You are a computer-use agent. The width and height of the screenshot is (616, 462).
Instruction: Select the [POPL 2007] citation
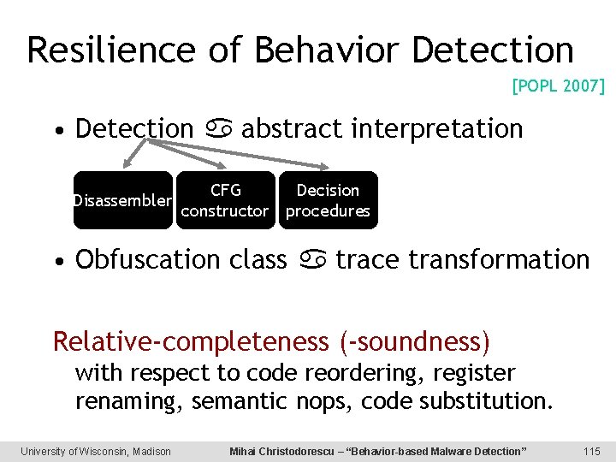pyautogui.click(x=558, y=86)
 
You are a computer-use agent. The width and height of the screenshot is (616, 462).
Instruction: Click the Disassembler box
pyautogui.click(x=122, y=201)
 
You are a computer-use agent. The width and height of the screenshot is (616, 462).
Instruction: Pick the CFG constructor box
pyautogui.click(x=226, y=201)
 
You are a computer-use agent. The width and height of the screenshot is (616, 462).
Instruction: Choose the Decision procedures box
pyautogui.click(x=328, y=201)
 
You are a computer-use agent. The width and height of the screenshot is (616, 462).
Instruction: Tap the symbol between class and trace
pyautogui.click(x=311, y=260)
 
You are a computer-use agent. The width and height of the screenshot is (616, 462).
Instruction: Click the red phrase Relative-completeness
pyautogui.click(x=190, y=341)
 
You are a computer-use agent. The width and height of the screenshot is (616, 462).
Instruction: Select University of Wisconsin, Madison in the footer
pyautogui.click(x=96, y=451)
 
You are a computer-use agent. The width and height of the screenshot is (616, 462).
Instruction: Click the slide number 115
pyautogui.click(x=591, y=451)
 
